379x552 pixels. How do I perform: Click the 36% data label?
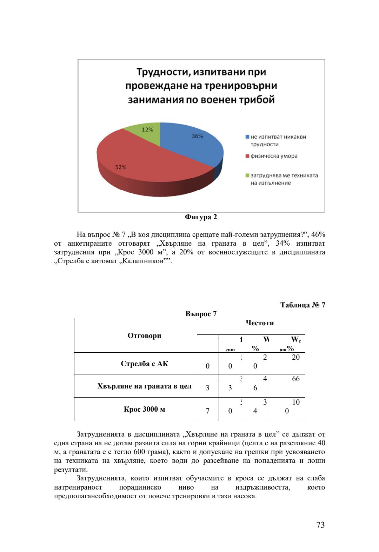tap(197, 136)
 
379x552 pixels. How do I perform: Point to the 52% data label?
tap(121, 167)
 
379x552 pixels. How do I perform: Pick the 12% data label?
tap(147, 129)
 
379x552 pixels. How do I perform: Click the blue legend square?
tap(247, 137)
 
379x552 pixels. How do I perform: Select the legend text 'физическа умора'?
tap(274, 156)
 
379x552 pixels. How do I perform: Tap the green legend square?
tap(247, 175)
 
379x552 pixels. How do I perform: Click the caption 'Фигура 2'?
tap(201, 217)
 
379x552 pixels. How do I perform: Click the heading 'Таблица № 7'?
tap(302, 305)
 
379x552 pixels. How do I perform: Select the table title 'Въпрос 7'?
tap(201, 314)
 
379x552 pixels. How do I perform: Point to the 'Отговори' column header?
tap(144, 335)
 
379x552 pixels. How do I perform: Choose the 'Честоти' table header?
tap(260, 323)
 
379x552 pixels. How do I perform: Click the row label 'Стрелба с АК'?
tap(144, 364)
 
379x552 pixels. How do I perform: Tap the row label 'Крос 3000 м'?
tap(144, 409)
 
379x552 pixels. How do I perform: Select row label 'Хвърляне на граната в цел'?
tap(144, 386)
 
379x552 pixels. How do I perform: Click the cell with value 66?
tap(296, 379)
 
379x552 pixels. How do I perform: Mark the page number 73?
tap(320, 525)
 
